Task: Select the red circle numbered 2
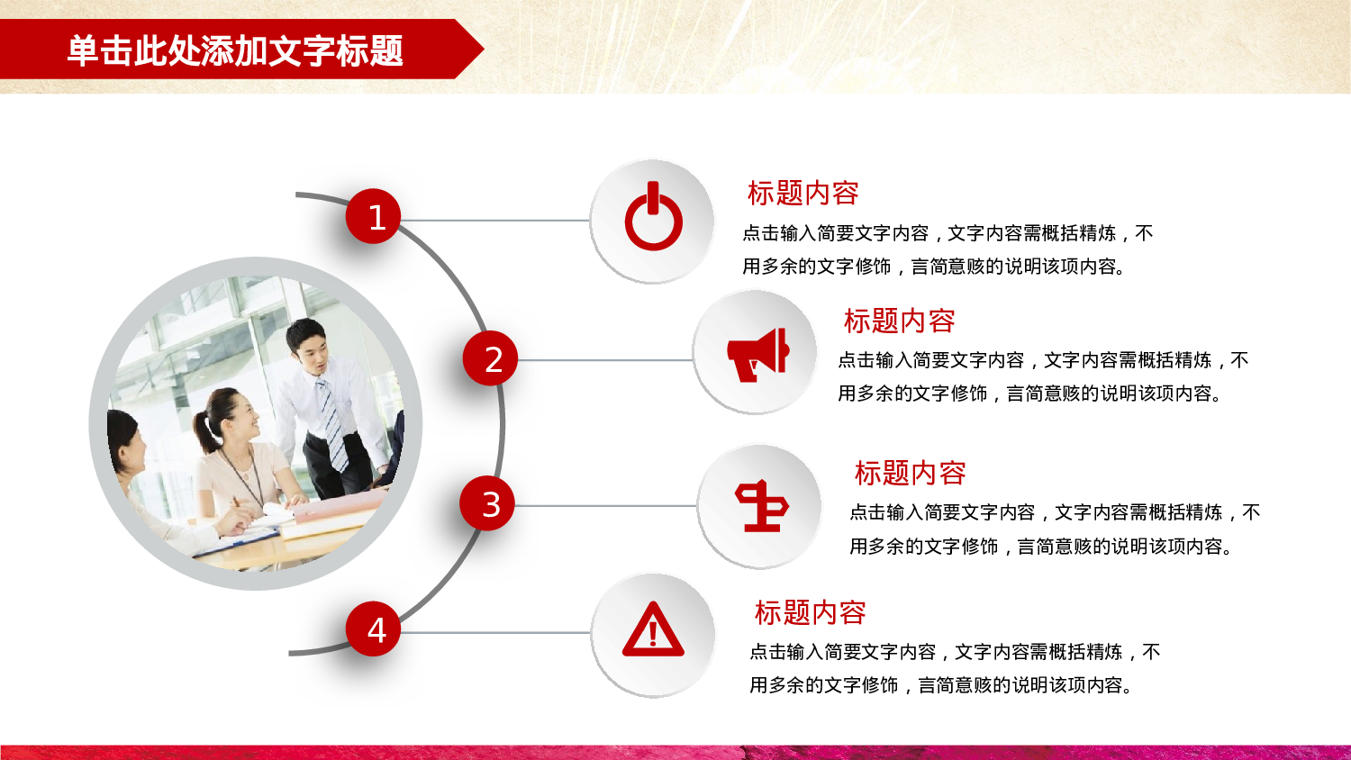[x=491, y=359]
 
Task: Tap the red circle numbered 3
[x=487, y=504]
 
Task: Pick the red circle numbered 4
[x=374, y=629]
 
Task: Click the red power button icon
[x=653, y=219]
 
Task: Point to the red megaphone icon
[x=757, y=354]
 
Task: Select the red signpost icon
[x=761, y=505]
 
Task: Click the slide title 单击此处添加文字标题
[x=235, y=50]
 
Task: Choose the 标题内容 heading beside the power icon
[x=802, y=193]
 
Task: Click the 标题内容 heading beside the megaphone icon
[x=899, y=321]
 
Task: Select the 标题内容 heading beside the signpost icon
[x=910, y=473]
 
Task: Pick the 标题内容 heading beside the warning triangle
[x=810, y=612]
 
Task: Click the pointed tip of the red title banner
[x=479, y=50]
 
